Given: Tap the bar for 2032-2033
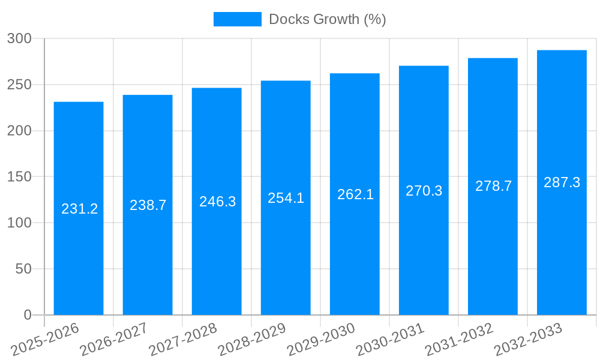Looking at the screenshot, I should click(562, 252).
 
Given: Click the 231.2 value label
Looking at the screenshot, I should click(79, 209).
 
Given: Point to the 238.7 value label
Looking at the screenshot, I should click(148, 205).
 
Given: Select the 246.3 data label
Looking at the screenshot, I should click(217, 202).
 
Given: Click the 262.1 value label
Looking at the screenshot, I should click(355, 194).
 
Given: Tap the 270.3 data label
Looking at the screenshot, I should click(424, 191).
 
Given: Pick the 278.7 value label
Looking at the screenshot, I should click(493, 186).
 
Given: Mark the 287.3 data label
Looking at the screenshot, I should click(562, 182).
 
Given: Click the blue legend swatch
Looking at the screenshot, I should click(238, 19).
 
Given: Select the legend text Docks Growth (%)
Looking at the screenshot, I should click(327, 19).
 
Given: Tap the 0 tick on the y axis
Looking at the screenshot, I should click(27, 315).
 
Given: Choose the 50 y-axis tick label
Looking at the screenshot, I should click(23, 269).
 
